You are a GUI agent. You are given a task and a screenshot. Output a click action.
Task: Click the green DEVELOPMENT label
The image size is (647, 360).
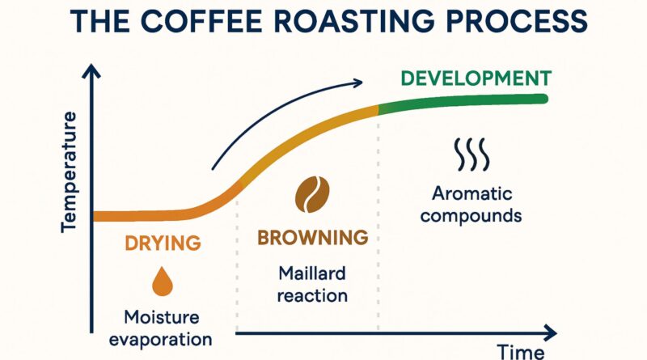[476, 78]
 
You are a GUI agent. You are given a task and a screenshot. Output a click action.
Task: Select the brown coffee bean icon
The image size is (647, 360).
[311, 194]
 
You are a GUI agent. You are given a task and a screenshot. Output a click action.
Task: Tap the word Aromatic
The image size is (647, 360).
[472, 194]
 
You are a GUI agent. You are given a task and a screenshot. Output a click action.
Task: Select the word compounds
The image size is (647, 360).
[472, 216]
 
